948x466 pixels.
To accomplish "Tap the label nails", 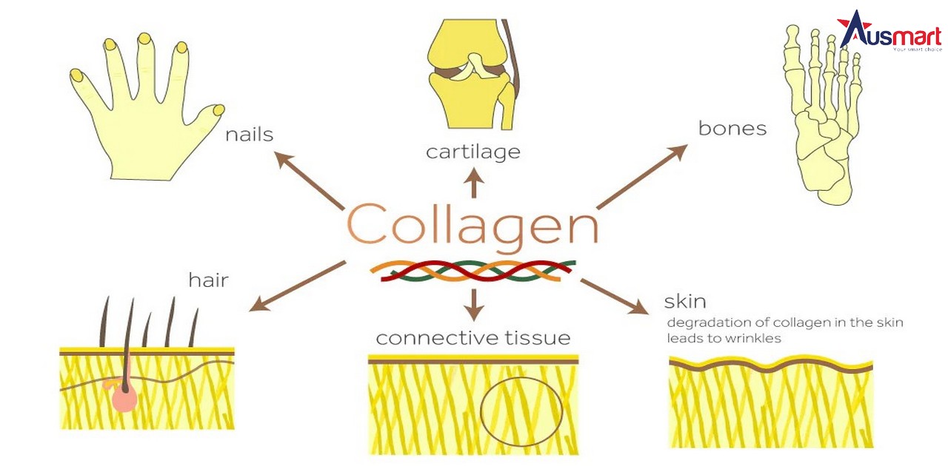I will (x=250, y=135).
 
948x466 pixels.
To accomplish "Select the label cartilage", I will (x=473, y=152).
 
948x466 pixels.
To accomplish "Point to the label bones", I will (x=732, y=129).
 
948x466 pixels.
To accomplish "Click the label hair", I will (x=208, y=280).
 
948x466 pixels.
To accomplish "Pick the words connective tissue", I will (x=473, y=339).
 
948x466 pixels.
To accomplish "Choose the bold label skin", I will (x=684, y=301).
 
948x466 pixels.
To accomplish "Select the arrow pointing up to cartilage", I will (x=474, y=183).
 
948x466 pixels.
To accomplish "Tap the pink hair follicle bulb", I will (x=125, y=398).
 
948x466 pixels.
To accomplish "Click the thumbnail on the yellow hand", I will (x=218, y=110).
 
